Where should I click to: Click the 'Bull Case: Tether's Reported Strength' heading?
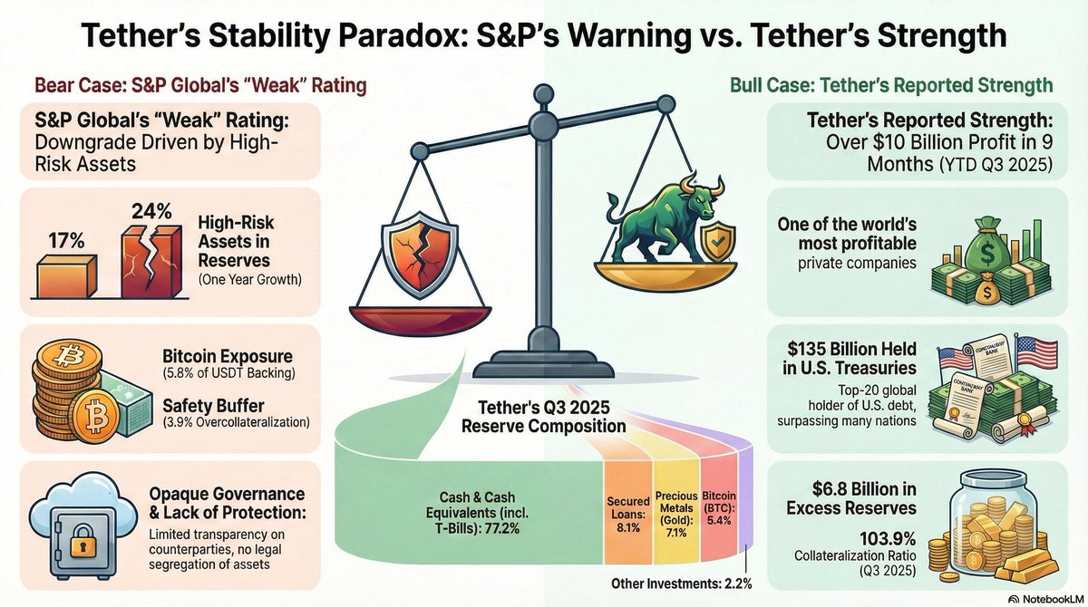pyautogui.click(x=891, y=85)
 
